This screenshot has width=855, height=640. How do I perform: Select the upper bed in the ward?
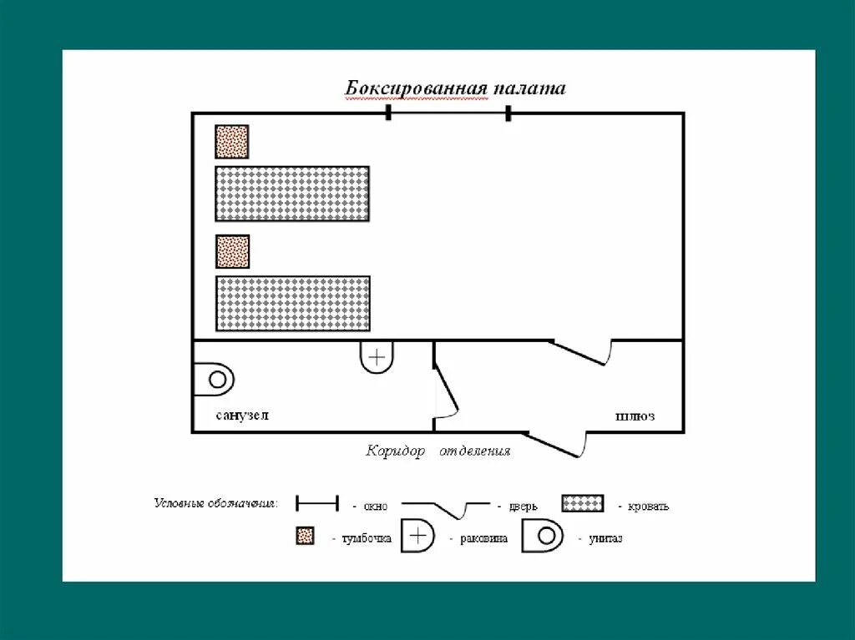(x=292, y=194)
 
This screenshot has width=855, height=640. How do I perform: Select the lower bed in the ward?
(x=292, y=303)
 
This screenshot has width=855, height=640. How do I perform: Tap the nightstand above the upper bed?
(x=232, y=142)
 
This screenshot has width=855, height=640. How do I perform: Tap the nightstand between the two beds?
(x=232, y=251)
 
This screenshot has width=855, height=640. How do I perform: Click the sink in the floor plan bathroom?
(x=377, y=357)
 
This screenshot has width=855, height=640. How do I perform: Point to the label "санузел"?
(x=242, y=416)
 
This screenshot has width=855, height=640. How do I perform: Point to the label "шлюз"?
(x=635, y=416)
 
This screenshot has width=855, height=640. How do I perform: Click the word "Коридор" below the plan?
(x=395, y=451)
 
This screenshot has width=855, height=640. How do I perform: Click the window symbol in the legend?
(x=317, y=503)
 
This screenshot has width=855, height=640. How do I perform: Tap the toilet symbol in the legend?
(x=543, y=537)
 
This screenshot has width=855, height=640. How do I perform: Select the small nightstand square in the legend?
(x=305, y=537)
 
